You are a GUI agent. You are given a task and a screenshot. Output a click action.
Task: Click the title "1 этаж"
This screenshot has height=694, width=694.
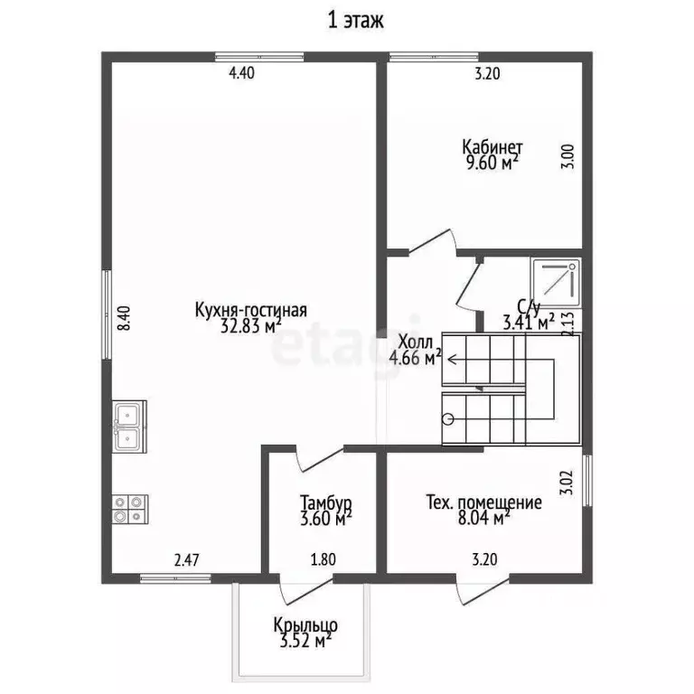pos(355,21)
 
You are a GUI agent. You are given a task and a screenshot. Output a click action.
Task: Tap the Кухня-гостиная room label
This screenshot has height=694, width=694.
pos(250,310)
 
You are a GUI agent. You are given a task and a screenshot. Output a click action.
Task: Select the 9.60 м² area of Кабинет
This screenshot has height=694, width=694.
pos(492,163)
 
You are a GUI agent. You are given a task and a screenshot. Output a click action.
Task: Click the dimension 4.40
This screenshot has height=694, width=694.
pos(241,72)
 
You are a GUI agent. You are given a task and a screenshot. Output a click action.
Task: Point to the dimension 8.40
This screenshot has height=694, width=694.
pos(124,318)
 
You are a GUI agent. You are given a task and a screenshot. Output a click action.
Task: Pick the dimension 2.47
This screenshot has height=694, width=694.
pos(187,560)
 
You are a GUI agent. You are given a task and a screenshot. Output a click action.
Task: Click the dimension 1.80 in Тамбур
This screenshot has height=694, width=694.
pos(324,559)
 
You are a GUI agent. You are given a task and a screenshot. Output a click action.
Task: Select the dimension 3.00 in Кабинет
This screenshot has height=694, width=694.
pos(567,156)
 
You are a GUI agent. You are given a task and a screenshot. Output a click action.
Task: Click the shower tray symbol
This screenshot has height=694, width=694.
pos(557,283)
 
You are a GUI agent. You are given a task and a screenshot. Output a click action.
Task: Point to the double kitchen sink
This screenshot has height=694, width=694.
pos(128,427)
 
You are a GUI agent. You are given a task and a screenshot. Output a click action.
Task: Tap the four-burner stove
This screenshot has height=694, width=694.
pos(130,510)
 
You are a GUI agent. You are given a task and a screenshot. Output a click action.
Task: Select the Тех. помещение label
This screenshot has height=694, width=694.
pos(483,502)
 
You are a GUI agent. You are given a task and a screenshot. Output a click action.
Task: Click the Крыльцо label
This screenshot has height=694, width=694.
pos(305,626)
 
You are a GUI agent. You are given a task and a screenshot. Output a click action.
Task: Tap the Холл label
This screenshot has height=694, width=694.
pos(415,342)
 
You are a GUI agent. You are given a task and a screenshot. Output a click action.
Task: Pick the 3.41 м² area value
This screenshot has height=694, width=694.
pos(529,323)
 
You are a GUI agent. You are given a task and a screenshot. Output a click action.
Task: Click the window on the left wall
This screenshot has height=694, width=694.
pos(107,314)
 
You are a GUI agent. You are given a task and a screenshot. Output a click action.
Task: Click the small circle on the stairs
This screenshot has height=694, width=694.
pos(448,418)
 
